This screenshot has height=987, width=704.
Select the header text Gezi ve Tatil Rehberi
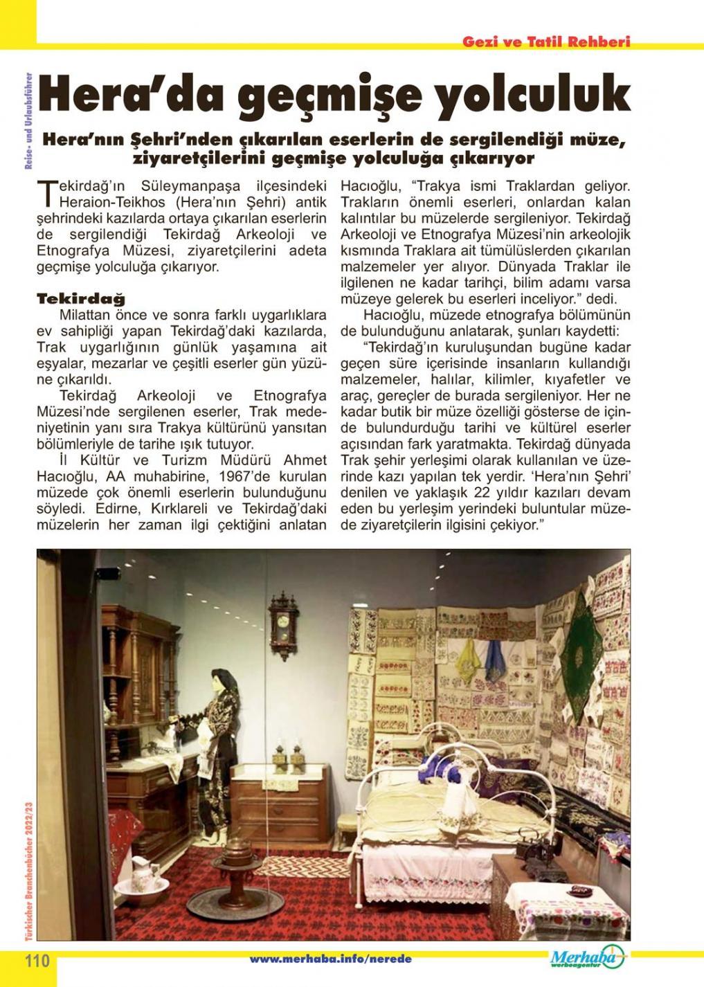tap(546, 42)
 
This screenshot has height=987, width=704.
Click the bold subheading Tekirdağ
tap(81, 300)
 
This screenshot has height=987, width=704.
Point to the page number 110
tap(37, 961)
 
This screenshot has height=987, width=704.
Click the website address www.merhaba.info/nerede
tap(330, 959)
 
